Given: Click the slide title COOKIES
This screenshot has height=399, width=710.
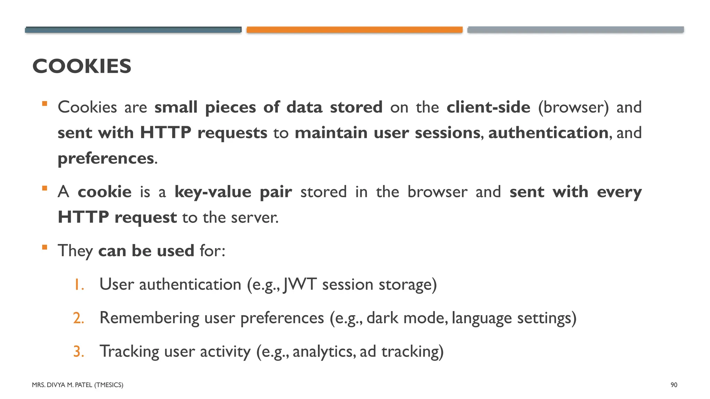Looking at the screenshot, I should (82, 66).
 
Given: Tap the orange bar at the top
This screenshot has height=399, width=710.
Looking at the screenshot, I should (354, 30).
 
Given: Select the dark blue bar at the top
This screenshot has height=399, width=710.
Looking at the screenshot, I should (133, 30).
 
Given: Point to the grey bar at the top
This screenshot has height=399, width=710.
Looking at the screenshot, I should (575, 30).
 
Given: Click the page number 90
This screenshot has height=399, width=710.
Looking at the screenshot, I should (674, 385).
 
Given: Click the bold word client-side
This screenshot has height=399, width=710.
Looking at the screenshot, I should (488, 107).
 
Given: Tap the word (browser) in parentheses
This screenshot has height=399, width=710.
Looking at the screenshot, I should (573, 107).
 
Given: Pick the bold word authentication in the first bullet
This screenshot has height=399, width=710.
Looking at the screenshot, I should (548, 133).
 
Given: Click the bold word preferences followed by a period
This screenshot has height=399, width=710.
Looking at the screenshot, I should (106, 159).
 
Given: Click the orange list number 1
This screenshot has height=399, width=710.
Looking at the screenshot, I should (79, 285).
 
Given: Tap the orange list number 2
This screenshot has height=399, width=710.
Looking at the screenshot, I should (79, 318).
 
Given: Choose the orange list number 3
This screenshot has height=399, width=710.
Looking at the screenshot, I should (79, 352).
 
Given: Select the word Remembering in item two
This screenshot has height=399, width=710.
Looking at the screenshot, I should (149, 318).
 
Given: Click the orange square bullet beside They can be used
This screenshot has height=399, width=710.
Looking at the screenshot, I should (44, 247).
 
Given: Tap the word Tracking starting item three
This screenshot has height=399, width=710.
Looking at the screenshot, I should (129, 352).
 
